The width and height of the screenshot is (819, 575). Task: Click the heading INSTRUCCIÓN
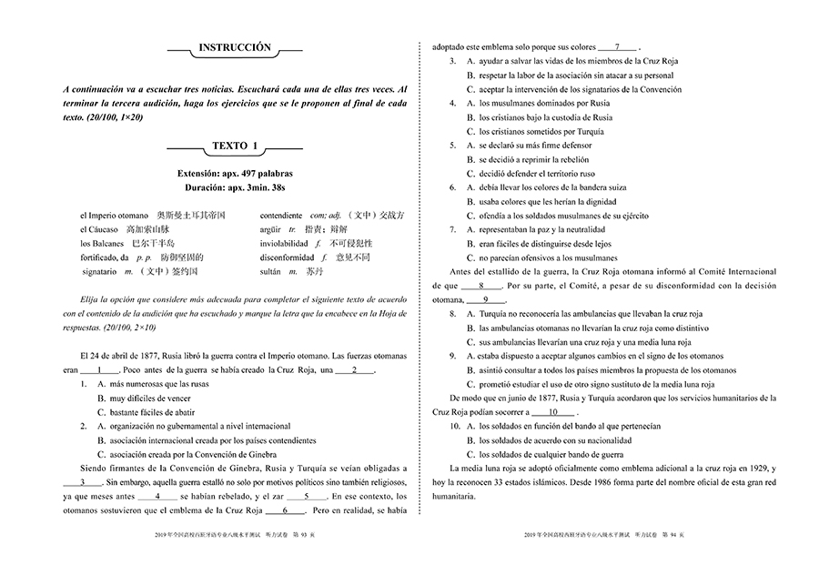[235, 46]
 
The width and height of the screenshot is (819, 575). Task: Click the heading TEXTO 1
[235, 146]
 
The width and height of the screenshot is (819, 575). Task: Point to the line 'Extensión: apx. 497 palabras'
[235, 173]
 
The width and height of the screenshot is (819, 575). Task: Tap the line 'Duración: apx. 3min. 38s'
[235, 187]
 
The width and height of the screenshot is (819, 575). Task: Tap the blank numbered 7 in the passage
[619, 46]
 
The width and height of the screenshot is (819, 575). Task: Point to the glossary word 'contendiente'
[280, 216]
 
